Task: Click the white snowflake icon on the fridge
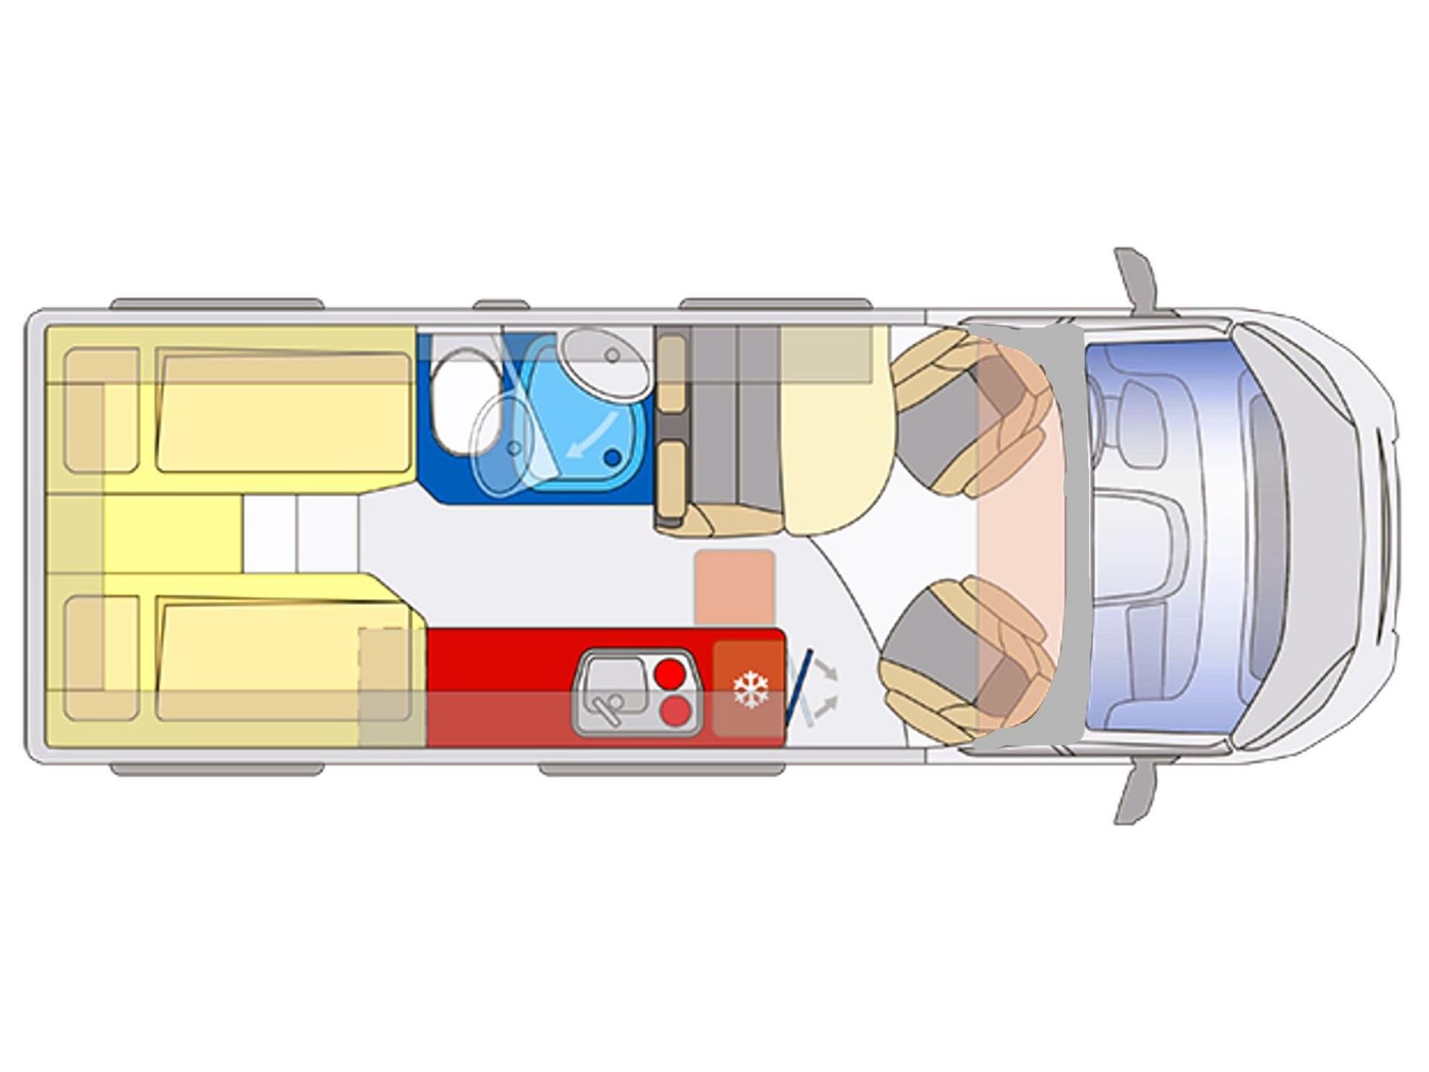(750, 689)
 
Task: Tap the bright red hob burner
(671, 673)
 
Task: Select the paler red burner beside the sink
(675, 712)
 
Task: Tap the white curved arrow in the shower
(591, 435)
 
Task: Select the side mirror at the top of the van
(1136, 278)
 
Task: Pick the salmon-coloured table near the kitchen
(735, 588)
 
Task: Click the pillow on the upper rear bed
(101, 409)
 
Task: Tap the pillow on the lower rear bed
(101, 657)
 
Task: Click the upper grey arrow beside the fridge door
(827, 669)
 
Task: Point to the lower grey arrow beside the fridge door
(826, 707)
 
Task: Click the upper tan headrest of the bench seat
(672, 370)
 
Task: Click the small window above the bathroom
(501, 304)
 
